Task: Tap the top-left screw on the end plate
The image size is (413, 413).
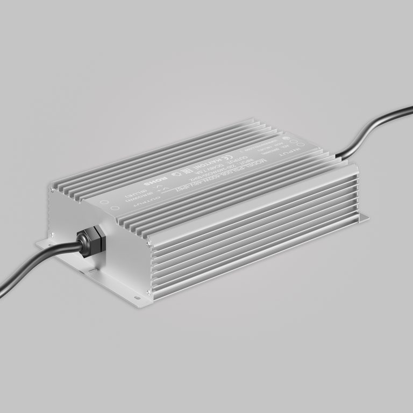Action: tap(52, 189)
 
